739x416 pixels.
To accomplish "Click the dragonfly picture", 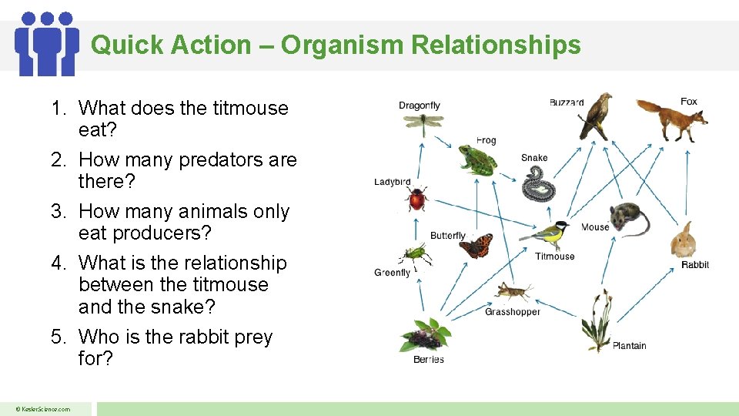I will coord(421,122).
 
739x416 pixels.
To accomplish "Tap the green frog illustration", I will coord(476,160).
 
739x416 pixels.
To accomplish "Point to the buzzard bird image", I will coord(597,116).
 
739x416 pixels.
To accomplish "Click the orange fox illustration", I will coord(672,120).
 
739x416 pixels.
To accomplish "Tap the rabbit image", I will coord(683,240).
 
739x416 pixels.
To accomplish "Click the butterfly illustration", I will coord(476,246).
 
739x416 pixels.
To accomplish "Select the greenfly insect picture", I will coord(413,253).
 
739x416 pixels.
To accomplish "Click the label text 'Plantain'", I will coord(629,346).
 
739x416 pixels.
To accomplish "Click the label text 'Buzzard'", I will coord(567,102).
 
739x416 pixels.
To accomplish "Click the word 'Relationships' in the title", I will coord(496,45).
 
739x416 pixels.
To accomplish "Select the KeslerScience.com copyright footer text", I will coord(45,409).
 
